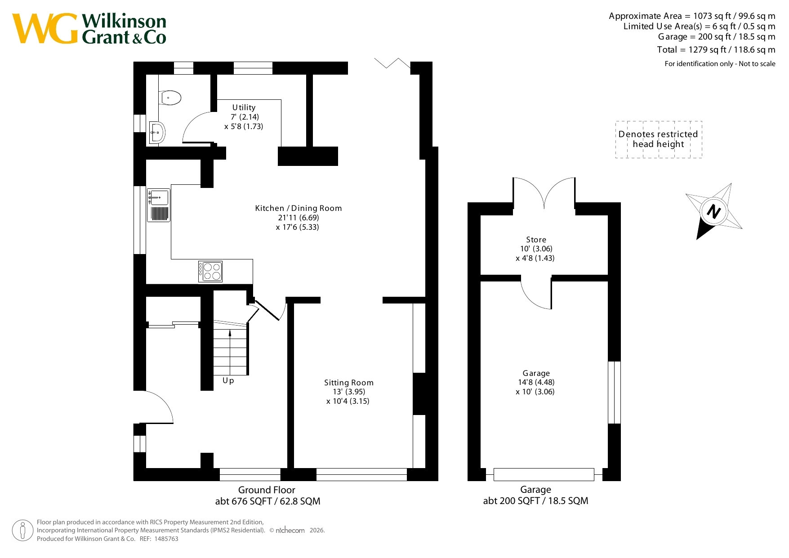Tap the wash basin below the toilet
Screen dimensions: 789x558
[x=157, y=132]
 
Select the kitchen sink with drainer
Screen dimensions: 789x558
[x=159, y=205]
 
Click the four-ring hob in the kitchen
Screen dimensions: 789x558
[x=210, y=271]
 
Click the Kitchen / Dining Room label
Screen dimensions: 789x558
[x=299, y=208]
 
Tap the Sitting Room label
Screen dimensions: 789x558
[x=349, y=383]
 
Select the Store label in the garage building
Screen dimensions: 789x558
[x=536, y=240]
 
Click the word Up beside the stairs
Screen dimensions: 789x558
[x=228, y=380]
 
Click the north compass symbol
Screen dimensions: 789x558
[x=714, y=211]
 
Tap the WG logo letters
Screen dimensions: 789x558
[x=45, y=29]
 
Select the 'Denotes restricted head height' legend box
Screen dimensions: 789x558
[x=659, y=139]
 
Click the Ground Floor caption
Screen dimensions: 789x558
[x=267, y=490]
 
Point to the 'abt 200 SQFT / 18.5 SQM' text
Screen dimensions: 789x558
[x=535, y=501]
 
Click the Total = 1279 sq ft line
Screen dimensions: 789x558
[x=716, y=49]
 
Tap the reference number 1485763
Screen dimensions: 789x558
[x=166, y=539]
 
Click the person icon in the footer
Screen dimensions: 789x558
[x=22, y=531]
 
